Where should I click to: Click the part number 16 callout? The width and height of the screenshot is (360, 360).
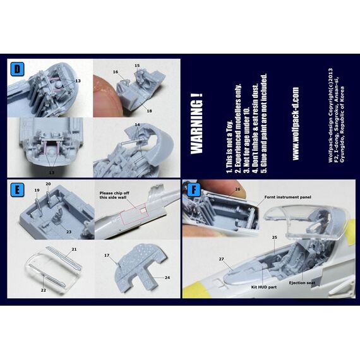(116, 73)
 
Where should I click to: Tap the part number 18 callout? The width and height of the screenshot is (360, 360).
(150, 111)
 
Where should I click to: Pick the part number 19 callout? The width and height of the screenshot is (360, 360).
(37, 190)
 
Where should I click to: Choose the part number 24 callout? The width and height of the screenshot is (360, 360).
(166, 277)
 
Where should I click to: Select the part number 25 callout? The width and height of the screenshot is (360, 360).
(274, 237)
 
